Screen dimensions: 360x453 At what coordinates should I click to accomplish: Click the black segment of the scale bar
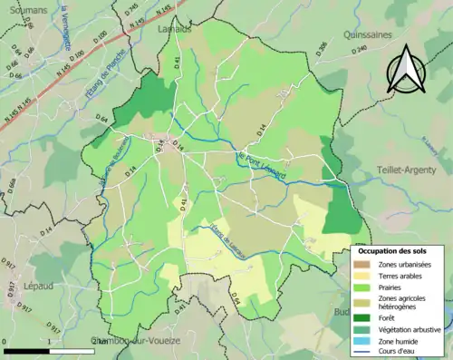tap(25, 349)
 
